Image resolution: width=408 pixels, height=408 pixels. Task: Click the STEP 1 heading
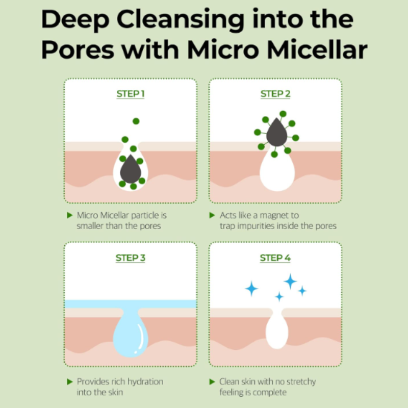131,94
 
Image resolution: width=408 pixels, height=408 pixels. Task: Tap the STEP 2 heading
275,94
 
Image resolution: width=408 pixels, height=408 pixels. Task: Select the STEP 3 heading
131,258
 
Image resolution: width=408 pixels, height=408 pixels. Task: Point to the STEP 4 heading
275,258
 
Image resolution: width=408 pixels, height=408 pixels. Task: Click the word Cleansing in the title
181,20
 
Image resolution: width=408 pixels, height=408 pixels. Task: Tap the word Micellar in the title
317,49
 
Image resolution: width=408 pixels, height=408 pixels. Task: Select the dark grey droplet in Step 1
131,169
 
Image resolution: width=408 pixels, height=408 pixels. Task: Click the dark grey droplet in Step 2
276,132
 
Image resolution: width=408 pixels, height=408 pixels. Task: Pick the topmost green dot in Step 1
136,121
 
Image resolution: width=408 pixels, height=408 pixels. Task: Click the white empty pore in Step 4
277,330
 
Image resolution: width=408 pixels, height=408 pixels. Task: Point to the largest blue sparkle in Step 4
290,282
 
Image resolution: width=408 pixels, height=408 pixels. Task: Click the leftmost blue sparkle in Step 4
251,289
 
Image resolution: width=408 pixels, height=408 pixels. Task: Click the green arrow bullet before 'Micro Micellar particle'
69,215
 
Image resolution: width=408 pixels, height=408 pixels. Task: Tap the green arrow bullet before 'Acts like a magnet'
212,215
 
